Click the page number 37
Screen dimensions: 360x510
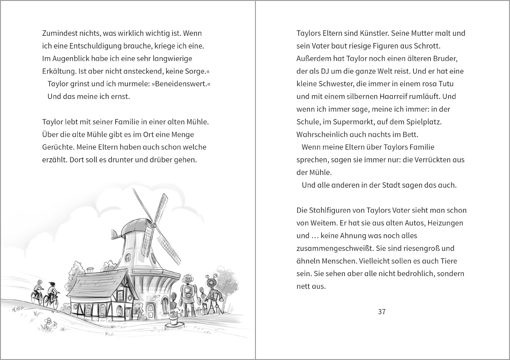click(x=381, y=311)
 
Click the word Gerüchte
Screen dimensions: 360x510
click(x=58, y=147)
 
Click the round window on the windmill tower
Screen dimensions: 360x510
click(x=129, y=258)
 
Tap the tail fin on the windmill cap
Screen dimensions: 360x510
click(x=116, y=235)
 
